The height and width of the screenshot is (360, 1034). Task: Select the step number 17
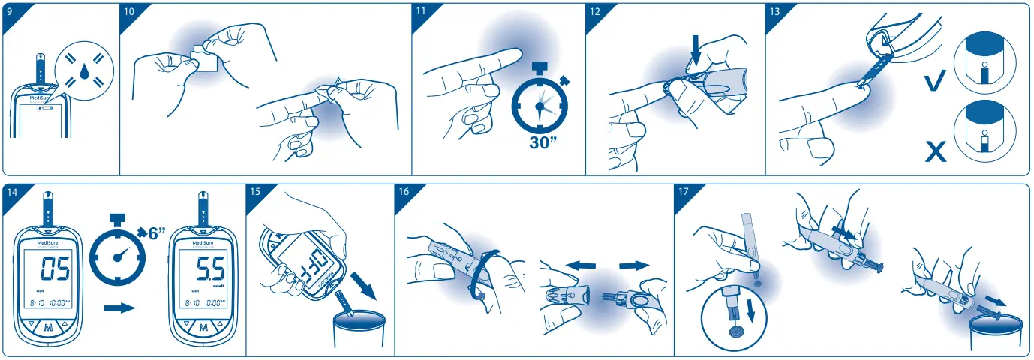[x=684, y=193]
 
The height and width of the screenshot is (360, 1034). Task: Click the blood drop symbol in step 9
[x=83, y=72]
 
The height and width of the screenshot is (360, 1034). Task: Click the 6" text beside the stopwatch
[x=155, y=232]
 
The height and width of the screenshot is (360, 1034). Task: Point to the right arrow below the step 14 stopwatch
[x=119, y=307]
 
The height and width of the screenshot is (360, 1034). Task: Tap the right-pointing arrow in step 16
[x=633, y=265]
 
